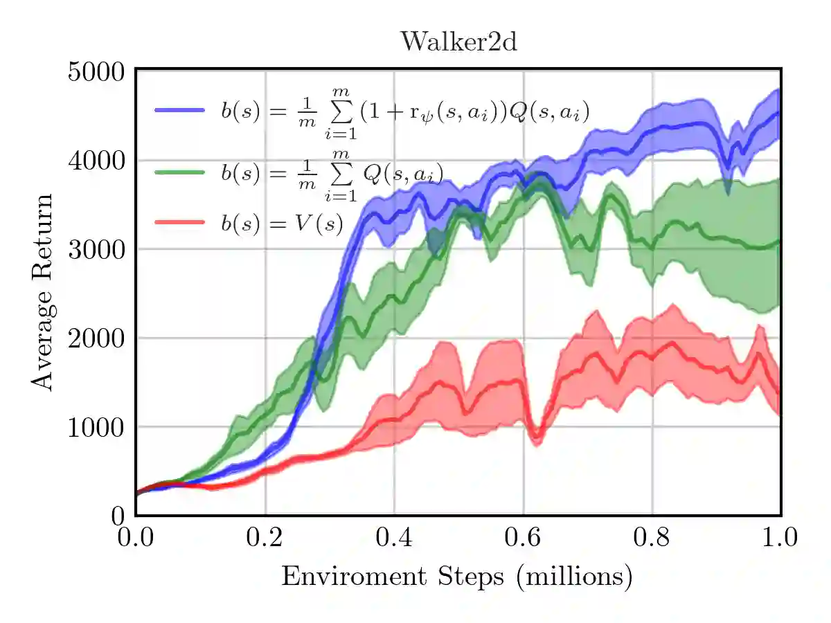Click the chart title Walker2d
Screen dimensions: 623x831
pos(459,42)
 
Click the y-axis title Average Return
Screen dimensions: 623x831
pos(44,291)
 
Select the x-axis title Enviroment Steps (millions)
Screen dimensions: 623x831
pos(456,576)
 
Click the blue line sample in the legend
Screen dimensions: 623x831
pos(179,110)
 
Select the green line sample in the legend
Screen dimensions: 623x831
pos(179,171)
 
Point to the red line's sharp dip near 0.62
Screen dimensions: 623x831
pos(535,438)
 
